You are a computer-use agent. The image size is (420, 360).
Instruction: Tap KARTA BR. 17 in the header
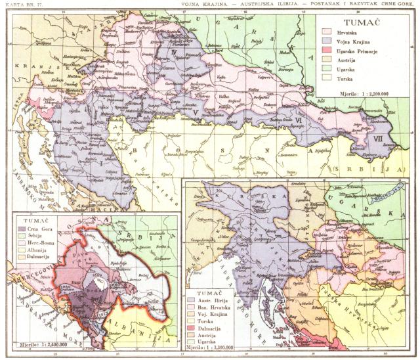click(x=20, y=4)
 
